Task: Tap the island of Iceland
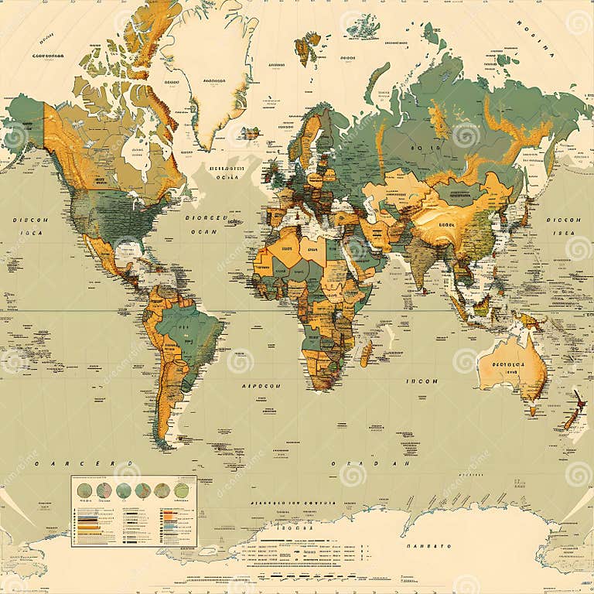point(250,133)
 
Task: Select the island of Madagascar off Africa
point(367,353)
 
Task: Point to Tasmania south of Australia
point(532,410)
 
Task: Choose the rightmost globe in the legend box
point(181,490)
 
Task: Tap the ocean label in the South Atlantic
point(261,384)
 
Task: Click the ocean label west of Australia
point(422,381)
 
